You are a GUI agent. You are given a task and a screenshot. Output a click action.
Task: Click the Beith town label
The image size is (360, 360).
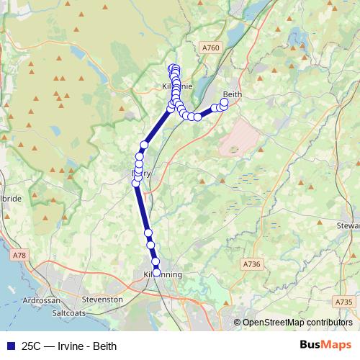[x=231, y=94]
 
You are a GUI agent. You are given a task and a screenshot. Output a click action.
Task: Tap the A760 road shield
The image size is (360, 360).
[x=210, y=48]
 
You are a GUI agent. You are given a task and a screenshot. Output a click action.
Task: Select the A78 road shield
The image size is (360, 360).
[x=19, y=255]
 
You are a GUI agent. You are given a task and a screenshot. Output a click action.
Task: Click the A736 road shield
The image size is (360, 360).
[x=251, y=264]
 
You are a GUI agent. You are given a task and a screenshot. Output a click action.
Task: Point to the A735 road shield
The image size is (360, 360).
[x=344, y=302]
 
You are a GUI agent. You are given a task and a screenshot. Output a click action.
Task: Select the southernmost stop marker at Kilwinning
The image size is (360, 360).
[x=156, y=272]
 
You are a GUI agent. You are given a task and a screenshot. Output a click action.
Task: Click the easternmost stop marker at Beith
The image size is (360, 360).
[x=225, y=102]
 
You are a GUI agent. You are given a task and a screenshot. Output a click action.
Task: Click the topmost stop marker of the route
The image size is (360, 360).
[x=173, y=68]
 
